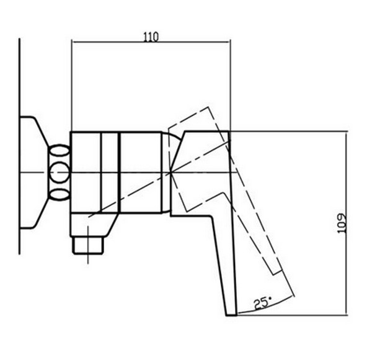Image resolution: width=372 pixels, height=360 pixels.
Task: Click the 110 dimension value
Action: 151,37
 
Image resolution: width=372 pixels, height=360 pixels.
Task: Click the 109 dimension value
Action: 342,223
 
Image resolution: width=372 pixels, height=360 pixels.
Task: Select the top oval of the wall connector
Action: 60,151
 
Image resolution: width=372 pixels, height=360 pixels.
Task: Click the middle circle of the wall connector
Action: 60,173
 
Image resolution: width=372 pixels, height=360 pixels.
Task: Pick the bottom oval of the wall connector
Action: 60,194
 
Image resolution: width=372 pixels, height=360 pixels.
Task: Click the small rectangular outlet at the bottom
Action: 88,245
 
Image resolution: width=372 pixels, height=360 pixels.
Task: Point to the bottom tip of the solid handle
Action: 231,315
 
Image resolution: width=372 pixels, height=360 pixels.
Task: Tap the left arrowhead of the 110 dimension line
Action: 73,42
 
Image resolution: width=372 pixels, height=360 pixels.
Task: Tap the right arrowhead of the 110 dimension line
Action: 229,42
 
